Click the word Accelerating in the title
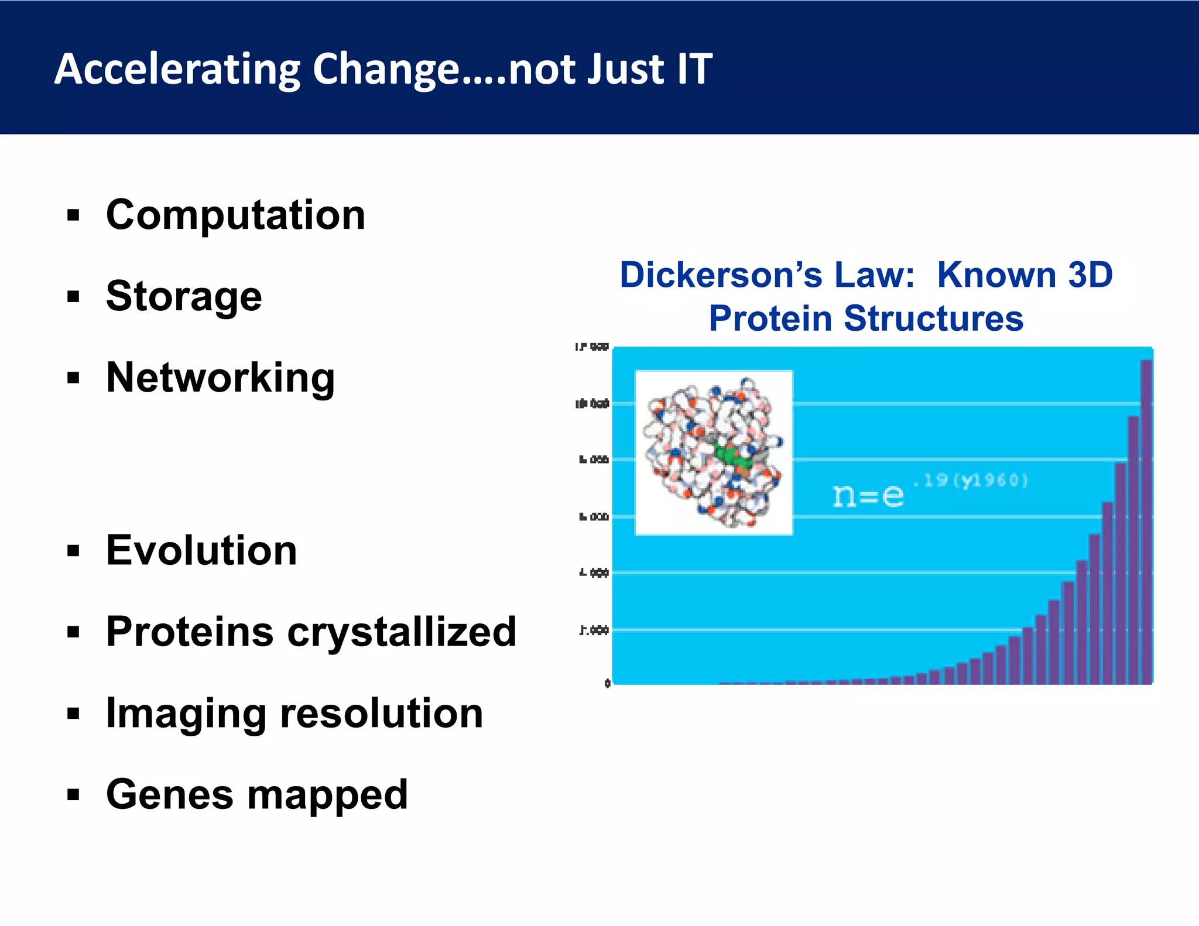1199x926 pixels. (177, 69)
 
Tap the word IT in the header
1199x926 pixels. (694, 69)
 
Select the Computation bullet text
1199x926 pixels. (235, 215)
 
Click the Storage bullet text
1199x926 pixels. (184, 296)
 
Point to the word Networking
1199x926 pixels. (220, 378)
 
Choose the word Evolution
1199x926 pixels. (201, 550)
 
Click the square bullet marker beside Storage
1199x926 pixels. (73, 297)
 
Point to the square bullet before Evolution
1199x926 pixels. (73, 551)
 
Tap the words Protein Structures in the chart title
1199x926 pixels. (866, 318)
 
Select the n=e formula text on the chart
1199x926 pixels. (868, 496)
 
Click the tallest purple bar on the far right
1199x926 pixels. (1146, 521)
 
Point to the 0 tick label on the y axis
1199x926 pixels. (607, 683)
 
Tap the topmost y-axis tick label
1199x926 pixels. (591, 347)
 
